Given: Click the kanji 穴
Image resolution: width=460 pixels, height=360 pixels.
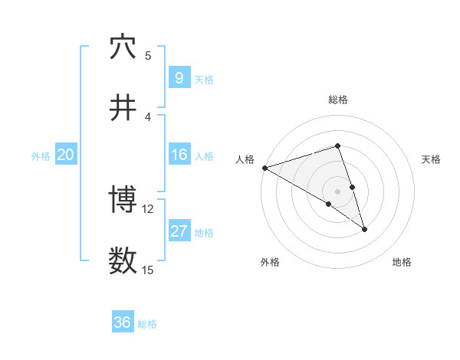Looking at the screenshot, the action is tap(123, 47).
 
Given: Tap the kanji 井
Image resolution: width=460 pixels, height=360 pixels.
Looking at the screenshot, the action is tap(123, 108).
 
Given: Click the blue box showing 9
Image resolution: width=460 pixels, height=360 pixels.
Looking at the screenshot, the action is tap(179, 77).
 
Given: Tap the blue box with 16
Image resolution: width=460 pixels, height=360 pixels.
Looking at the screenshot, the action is tap(179, 155).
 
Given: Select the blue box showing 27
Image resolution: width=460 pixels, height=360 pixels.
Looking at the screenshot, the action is tap(179, 231).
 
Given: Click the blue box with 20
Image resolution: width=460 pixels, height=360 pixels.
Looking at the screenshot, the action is tap(65, 155).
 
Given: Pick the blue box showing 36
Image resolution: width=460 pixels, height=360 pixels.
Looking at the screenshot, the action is tap(123, 322).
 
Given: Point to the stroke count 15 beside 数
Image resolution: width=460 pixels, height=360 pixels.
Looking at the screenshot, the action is tap(148, 270).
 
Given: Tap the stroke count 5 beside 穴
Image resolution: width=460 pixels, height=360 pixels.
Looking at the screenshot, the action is tap(148, 56).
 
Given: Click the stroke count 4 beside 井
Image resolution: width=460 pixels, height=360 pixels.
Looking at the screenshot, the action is tap(148, 116).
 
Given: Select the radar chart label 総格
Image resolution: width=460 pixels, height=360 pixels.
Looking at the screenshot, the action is tap(337, 100).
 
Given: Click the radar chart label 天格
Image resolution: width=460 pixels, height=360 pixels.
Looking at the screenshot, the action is tap(431, 159).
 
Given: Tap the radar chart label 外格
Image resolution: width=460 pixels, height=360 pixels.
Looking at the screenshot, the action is tap(270, 262).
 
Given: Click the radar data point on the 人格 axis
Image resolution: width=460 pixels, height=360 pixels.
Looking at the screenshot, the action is tap(264, 168).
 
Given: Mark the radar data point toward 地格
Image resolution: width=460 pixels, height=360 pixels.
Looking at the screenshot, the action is tap(364, 228).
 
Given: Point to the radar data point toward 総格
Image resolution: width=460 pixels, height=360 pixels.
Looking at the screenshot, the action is tap(337, 146).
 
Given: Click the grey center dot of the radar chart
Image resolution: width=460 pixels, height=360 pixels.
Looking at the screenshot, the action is tap(337, 190).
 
